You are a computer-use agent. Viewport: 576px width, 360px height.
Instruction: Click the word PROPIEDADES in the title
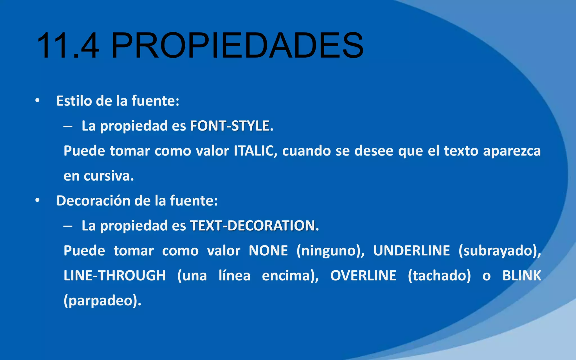coord(237,46)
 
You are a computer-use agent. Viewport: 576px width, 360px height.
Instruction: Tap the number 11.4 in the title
coord(68,46)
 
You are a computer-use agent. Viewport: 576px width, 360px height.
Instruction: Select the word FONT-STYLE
coord(230,126)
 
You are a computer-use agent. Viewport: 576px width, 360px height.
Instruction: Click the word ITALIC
coord(254,151)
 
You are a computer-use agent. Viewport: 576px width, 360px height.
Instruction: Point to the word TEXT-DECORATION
coord(252,226)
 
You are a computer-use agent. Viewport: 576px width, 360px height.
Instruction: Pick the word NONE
coord(268,251)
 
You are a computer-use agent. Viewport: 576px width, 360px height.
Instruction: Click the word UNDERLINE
coord(411,251)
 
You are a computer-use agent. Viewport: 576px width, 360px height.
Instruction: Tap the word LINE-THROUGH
coord(115,276)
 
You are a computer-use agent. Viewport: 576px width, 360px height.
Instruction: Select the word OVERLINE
coord(363,276)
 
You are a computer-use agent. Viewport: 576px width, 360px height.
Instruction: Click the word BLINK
coord(522,276)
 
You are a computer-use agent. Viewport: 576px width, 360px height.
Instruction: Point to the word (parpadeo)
coord(102,301)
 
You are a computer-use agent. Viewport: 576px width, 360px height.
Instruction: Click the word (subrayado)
coord(500,251)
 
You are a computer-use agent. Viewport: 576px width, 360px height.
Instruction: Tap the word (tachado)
coord(439,276)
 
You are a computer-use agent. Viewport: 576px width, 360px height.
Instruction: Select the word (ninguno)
coord(330,251)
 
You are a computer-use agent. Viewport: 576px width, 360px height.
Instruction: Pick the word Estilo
coord(74,101)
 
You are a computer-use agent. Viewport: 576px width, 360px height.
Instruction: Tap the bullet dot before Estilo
coord(37,100)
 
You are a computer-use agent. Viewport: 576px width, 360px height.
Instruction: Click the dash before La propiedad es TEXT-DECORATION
coord(68,226)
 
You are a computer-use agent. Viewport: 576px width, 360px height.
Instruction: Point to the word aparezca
coord(512,151)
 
